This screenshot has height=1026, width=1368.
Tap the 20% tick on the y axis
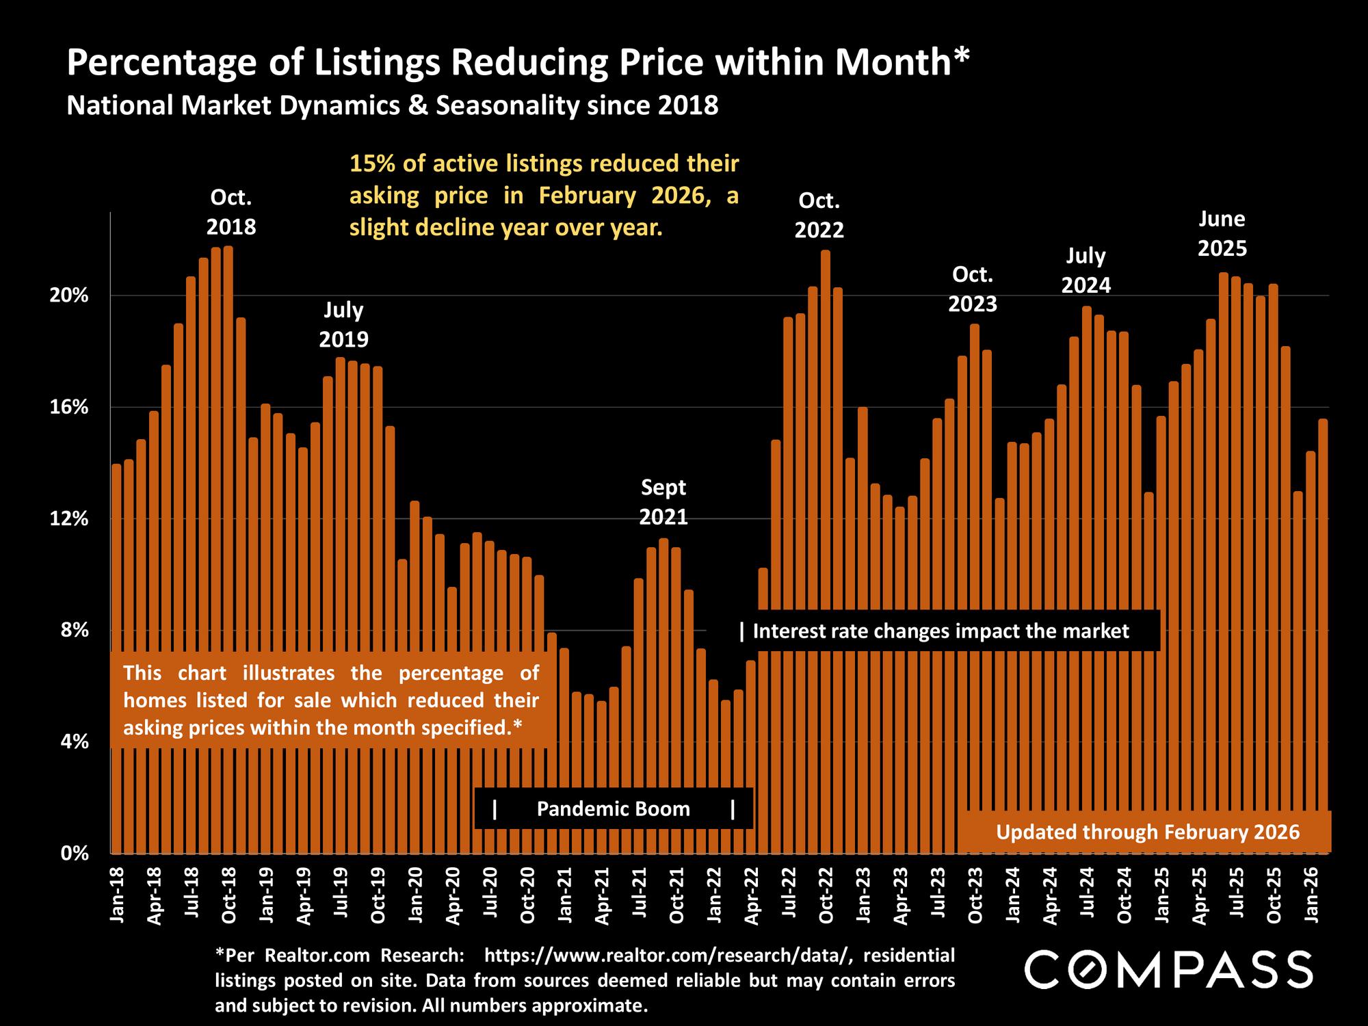[70, 296]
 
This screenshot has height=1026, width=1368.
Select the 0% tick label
[75, 854]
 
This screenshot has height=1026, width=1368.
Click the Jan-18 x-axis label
[118, 896]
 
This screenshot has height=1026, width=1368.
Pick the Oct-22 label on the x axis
[826, 896]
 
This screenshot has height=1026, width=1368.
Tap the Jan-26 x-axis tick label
[1311, 896]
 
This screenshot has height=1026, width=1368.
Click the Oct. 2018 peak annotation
[231, 212]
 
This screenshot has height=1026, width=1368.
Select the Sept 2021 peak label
[663, 502]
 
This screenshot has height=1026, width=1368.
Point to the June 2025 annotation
[1222, 233]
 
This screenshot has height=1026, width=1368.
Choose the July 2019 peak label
[343, 324]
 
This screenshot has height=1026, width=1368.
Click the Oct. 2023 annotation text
[973, 289]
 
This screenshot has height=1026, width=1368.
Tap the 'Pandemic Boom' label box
[613, 809]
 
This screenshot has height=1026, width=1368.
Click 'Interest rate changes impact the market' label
[941, 631]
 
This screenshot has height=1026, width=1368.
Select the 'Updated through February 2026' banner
[1147, 832]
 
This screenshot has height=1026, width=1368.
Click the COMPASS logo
[1168, 969]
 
